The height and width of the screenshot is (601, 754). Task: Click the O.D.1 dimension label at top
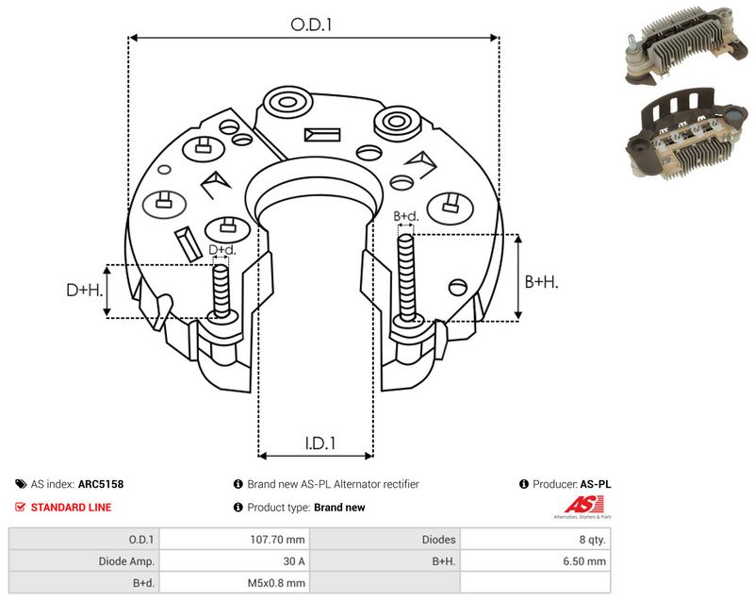point(311,25)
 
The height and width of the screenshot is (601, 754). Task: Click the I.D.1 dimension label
point(320,443)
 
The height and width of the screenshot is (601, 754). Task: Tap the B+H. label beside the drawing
point(541,281)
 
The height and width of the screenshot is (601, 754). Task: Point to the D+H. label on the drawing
point(85,290)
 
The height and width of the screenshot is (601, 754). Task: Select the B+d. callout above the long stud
point(406,216)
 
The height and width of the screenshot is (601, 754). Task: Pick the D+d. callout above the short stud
point(222,250)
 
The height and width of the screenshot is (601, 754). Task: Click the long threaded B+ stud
point(406,278)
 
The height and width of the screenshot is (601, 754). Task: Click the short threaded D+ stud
point(221,292)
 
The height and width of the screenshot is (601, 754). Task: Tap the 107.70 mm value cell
point(235,540)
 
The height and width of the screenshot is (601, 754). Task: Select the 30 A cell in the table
point(235,561)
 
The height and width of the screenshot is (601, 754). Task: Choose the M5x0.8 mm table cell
point(235,583)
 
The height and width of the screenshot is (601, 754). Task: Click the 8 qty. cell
point(535,540)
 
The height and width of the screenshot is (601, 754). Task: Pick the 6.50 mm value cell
point(535,561)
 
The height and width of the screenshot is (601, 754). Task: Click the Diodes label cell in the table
point(385,540)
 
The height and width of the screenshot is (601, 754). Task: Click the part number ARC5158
point(101,484)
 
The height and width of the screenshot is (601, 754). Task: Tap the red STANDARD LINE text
point(72,508)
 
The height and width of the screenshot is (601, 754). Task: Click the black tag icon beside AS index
point(21,484)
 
